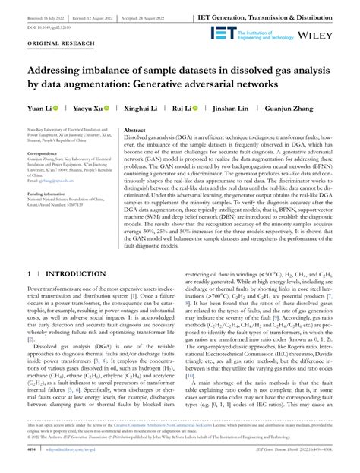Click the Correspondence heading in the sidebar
pos(43,153)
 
